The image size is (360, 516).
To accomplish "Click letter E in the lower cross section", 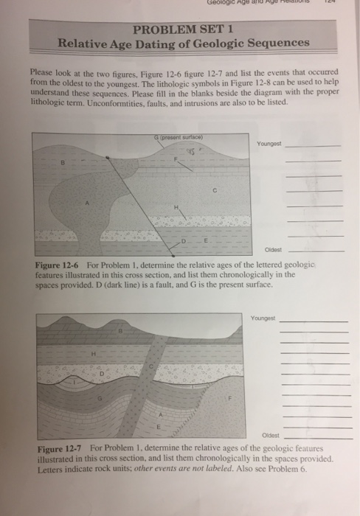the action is coord(157,427).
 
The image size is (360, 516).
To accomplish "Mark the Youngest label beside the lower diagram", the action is coord(264,318).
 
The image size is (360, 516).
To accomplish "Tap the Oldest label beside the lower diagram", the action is coord(269,435).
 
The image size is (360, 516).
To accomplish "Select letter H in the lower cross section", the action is coord(94,354).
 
